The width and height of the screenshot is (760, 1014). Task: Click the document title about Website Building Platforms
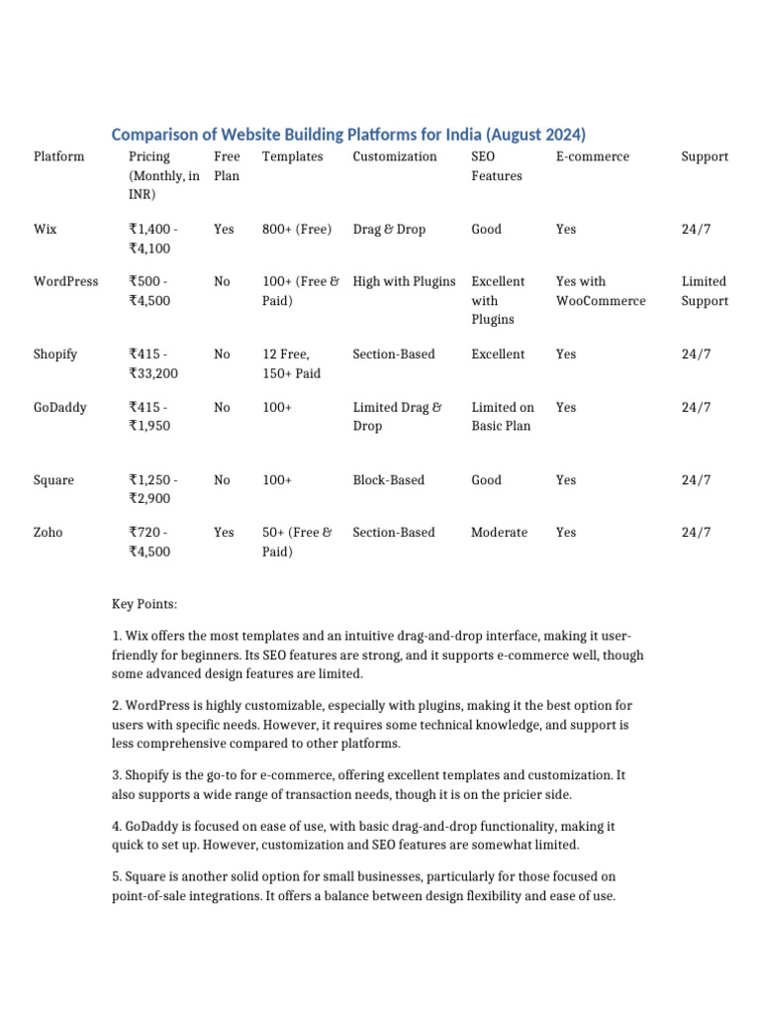pyautogui.click(x=348, y=134)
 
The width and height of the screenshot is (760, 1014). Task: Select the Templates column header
pyautogui.click(x=292, y=156)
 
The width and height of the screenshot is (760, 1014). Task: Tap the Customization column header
pyautogui.click(x=394, y=156)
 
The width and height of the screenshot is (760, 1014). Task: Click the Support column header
pyautogui.click(x=705, y=156)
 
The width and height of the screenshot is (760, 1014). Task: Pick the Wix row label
pyautogui.click(x=46, y=229)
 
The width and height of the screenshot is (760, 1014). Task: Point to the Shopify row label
pyautogui.click(x=55, y=354)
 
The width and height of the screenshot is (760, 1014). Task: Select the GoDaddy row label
pyautogui.click(x=59, y=407)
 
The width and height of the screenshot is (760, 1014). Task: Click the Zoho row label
pyautogui.click(x=47, y=532)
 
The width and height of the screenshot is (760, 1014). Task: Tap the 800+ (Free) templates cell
pyautogui.click(x=297, y=229)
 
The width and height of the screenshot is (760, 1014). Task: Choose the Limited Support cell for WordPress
pyautogui.click(x=705, y=291)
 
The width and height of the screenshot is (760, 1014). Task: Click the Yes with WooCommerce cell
pyautogui.click(x=600, y=291)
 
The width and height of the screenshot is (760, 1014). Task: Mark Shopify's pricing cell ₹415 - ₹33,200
pyautogui.click(x=153, y=363)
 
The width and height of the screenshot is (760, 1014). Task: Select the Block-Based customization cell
pyautogui.click(x=388, y=480)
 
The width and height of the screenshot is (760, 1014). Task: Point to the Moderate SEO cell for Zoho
pyautogui.click(x=499, y=532)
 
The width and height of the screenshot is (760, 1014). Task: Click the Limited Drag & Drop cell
pyautogui.click(x=397, y=417)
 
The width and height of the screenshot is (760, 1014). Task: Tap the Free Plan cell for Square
pyautogui.click(x=222, y=480)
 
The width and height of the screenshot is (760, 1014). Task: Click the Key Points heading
pyautogui.click(x=144, y=603)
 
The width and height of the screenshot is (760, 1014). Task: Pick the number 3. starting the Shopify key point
pyautogui.click(x=117, y=775)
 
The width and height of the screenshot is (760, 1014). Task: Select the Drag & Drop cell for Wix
pyautogui.click(x=389, y=229)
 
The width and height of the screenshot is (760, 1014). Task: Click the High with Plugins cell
pyautogui.click(x=404, y=281)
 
